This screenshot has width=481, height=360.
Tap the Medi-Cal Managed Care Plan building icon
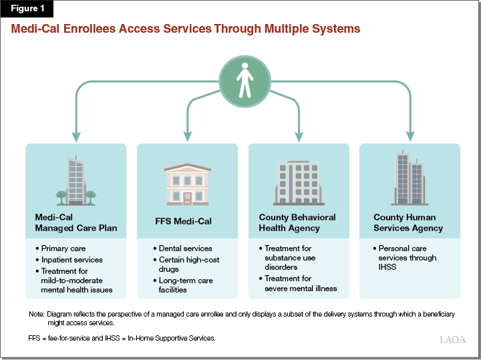75,180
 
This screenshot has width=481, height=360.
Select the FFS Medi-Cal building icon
187,184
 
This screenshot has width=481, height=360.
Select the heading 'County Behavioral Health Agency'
297,222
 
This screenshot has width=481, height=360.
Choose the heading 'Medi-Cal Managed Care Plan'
76,222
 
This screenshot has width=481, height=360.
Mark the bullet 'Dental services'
185,248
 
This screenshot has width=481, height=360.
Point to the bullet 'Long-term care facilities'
186,285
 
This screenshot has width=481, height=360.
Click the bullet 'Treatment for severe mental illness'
301,283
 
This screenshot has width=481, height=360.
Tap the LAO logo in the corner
453,339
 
